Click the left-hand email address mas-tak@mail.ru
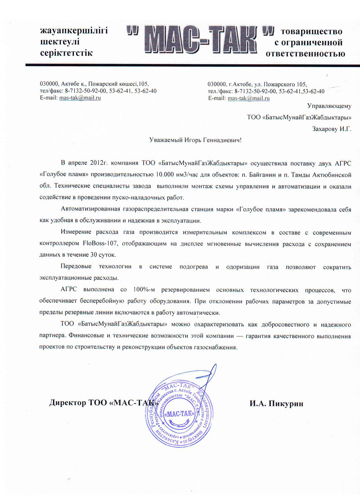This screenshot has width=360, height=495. click(80, 98)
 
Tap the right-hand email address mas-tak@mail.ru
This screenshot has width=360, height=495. click(246, 98)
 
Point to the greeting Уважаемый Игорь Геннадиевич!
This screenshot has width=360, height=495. click(195, 140)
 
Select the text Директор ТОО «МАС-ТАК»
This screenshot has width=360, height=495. click(104, 403)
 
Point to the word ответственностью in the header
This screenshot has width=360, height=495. click(306, 54)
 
